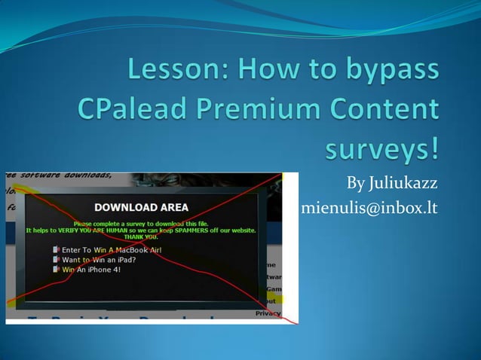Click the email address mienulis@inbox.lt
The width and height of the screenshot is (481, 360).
coord(369,207)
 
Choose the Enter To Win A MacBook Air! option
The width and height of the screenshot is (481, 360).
coord(112,249)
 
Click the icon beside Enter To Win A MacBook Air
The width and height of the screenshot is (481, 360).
coord(57,249)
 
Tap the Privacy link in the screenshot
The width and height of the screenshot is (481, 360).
coord(268,313)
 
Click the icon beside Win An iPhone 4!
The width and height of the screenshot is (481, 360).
coord(57,268)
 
